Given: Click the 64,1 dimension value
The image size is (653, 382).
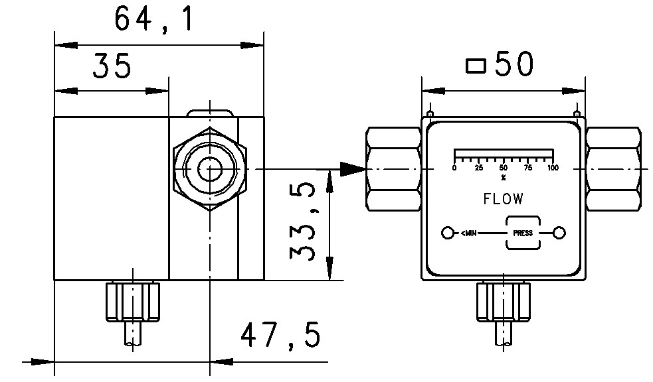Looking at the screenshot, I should click(154, 19).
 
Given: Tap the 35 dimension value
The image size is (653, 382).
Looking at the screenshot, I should click(111, 67).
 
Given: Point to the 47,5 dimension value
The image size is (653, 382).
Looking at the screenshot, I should click(280, 336).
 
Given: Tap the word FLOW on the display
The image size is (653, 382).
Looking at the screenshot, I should click(502, 198).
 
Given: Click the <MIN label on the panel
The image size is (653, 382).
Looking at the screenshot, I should click(469, 233).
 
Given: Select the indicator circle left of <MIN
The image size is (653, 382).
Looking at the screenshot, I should click(448, 233).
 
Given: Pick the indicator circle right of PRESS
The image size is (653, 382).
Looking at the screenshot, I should click(559, 233).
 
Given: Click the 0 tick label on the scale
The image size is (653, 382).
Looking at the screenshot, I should click(454, 168).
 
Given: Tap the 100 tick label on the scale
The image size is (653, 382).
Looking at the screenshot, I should click(552, 168).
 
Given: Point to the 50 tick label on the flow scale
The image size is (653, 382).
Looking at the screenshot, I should click(503, 168).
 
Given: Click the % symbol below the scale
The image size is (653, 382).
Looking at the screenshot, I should click(503, 177).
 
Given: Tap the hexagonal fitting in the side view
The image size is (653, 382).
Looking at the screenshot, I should click(209, 168).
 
